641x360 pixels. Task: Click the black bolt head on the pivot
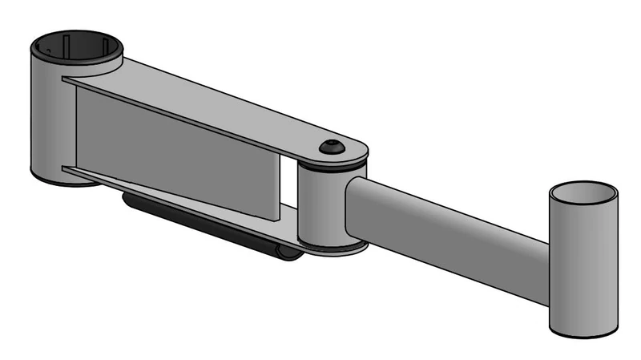pyautogui.click(x=331, y=147)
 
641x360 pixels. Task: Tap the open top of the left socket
pyautogui.click(x=77, y=47)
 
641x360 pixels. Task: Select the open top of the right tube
pyautogui.click(x=583, y=194)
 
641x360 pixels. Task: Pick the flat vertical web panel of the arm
pyautogui.click(x=176, y=152)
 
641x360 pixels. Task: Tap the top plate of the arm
pyautogui.click(x=224, y=104)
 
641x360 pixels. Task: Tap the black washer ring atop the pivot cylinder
pyautogui.click(x=333, y=168)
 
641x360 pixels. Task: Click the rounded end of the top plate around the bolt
pyautogui.click(x=357, y=149)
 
